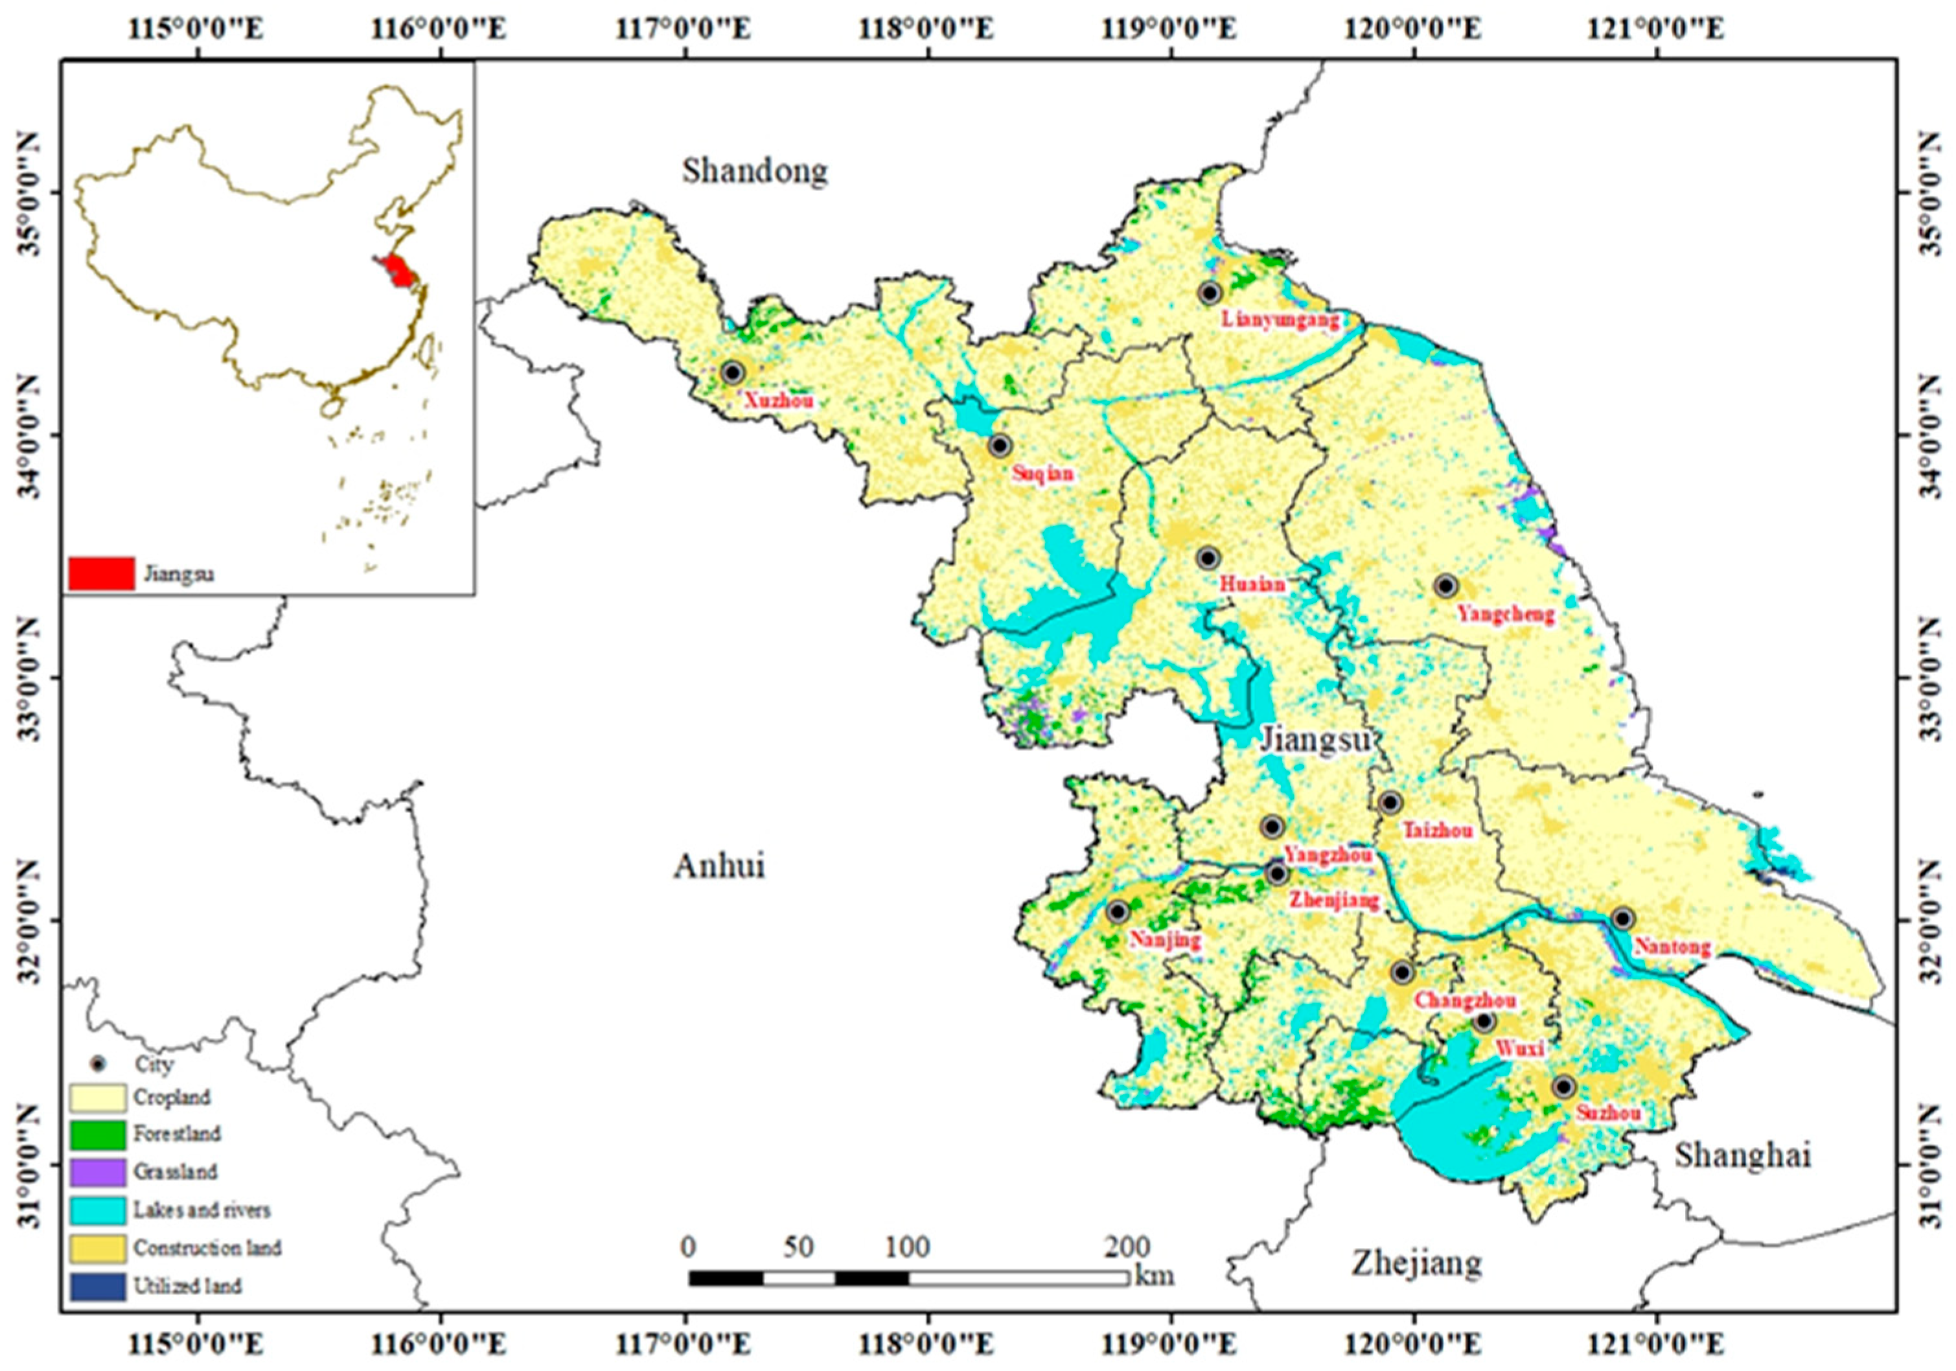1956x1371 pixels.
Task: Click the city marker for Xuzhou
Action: click(733, 373)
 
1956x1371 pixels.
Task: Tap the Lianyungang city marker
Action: click(1210, 293)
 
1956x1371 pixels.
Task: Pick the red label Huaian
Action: click(1252, 585)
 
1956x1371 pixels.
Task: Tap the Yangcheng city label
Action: click(1506, 614)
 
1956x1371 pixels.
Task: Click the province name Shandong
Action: click(754, 171)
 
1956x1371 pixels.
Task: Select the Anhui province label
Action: click(719, 866)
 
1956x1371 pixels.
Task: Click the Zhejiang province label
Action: click(1416, 1263)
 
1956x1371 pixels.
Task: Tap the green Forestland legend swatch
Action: click(98, 1134)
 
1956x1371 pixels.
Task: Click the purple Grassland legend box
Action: click(98, 1171)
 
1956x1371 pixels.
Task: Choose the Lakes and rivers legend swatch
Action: click(98, 1210)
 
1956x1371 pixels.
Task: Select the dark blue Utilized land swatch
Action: click(98, 1285)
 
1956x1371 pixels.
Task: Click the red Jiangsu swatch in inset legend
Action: click(101, 573)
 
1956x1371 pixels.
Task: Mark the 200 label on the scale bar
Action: click(1127, 1247)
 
